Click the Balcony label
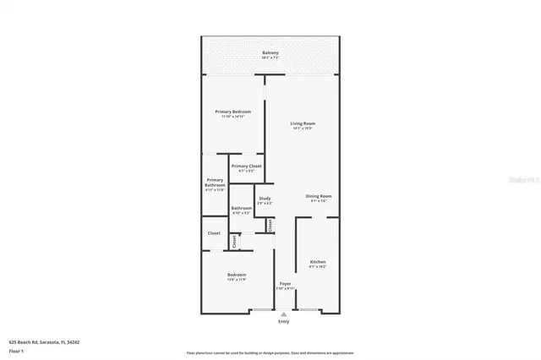point(270,53)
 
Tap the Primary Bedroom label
point(232,112)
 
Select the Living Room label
point(303,123)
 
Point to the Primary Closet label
point(246,166)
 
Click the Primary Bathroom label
point(215,182)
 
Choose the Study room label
point(265,198)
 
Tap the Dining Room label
point(320,196)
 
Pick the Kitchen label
point(317,262)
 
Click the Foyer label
point(285,284)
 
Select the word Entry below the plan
point(283,321)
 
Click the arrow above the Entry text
point(283,314)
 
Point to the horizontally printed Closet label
point(214,233)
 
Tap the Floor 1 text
point(16,350)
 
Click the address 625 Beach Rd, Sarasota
point(50,342)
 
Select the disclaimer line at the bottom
point(270,352)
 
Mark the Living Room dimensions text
point(303,128)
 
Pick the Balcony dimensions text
point(270,58)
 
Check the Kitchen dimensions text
point(317,267)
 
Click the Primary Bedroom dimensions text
point(232,117)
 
